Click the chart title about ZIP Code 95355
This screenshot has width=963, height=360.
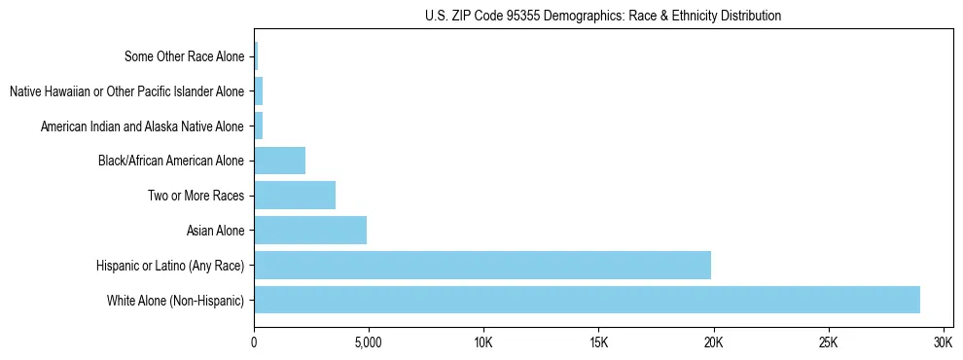tap(603, 16)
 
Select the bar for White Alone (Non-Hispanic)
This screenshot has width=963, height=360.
tap(587, 300)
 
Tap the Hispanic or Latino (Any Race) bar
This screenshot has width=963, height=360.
tap(482, 265)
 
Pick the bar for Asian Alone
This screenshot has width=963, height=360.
tap(310, 231)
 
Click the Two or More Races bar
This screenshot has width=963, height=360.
tap(295, 196)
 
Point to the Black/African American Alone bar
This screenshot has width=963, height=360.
tap(280, 161)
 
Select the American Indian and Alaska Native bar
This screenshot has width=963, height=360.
tap(259, 126)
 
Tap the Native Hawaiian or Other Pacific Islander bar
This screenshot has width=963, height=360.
tap(259, 91)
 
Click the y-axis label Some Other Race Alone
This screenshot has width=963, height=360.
tap(185, 56)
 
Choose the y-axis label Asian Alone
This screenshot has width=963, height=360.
tap(215, 231)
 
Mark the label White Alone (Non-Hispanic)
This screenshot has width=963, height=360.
tap(176, 300)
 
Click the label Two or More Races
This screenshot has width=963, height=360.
tap(196, 196)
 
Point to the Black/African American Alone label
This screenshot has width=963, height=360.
tap(171, 161)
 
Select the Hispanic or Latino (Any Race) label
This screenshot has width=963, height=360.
tap(170, 265)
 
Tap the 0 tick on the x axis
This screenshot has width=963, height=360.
tap(254, 343)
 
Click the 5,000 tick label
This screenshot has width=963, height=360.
tap(369, 343)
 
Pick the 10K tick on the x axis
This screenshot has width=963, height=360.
tap(483, 343)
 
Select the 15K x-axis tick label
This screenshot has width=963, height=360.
tap(598, 343)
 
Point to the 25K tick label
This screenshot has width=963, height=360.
tap(828, 343)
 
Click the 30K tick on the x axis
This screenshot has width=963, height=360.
tap(943, 343)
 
